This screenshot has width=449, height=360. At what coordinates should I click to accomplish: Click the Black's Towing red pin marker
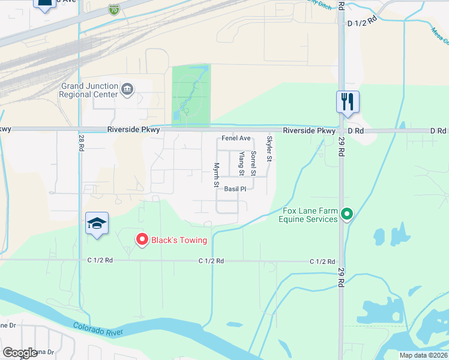[142, 239]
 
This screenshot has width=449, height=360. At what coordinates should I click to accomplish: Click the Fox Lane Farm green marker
[346, 213]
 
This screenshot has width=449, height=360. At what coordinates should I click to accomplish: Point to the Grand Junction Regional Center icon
[127, 90]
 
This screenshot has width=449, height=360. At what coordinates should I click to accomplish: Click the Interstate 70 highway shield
[114, 9]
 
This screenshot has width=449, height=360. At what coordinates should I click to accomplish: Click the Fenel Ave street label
[236, 138]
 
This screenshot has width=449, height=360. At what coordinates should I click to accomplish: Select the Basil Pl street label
[235, 189]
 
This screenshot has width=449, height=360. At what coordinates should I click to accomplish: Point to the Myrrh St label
[216, 174]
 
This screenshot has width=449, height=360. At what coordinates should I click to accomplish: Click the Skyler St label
[270, 149]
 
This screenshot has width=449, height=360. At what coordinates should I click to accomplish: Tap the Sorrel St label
[254, 163]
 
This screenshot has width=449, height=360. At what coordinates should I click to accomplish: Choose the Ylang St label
[241, 163]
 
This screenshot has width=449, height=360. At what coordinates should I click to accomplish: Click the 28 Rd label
[80, 143]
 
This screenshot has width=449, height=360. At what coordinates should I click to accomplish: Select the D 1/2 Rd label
[361, 22]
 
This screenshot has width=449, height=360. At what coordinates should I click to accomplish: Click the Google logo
[20, 353]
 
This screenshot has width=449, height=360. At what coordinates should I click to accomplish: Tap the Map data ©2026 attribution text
[424, 355]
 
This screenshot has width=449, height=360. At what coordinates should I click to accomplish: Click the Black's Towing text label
[179, 241]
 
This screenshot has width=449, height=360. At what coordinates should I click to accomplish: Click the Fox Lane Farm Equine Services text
[309, 215]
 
